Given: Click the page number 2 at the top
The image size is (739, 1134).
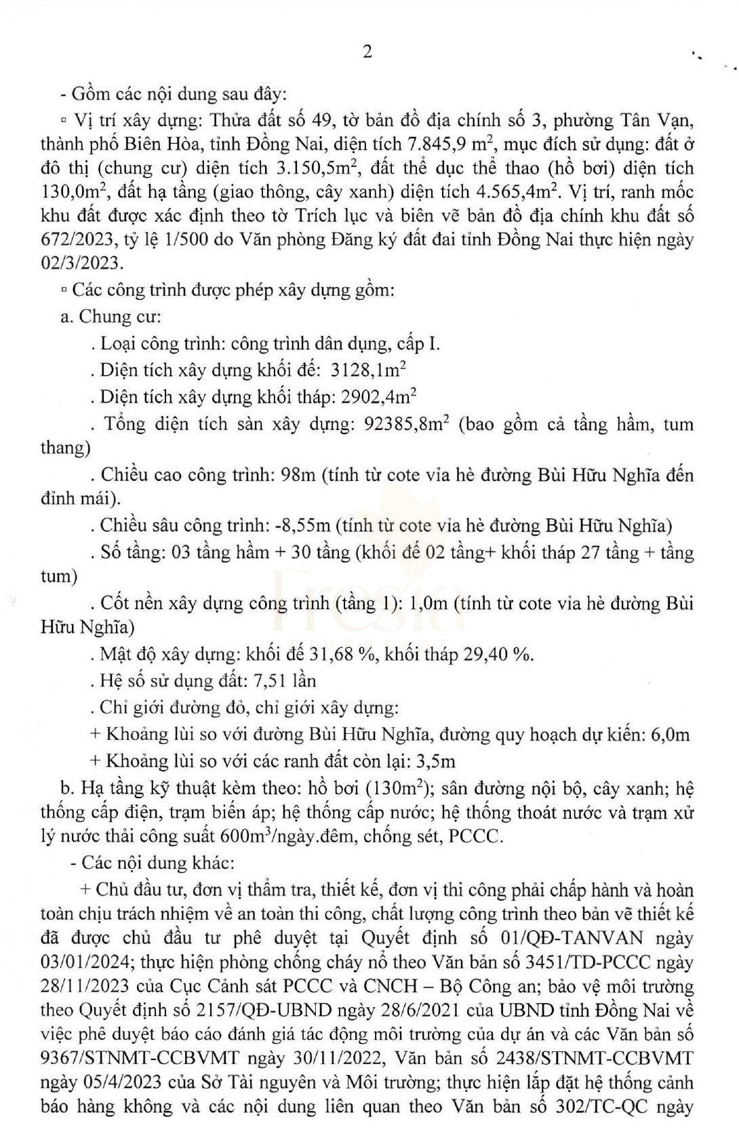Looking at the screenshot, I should (x=367, y=52).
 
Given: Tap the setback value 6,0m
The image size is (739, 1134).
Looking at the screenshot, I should (x=670, y=735).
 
